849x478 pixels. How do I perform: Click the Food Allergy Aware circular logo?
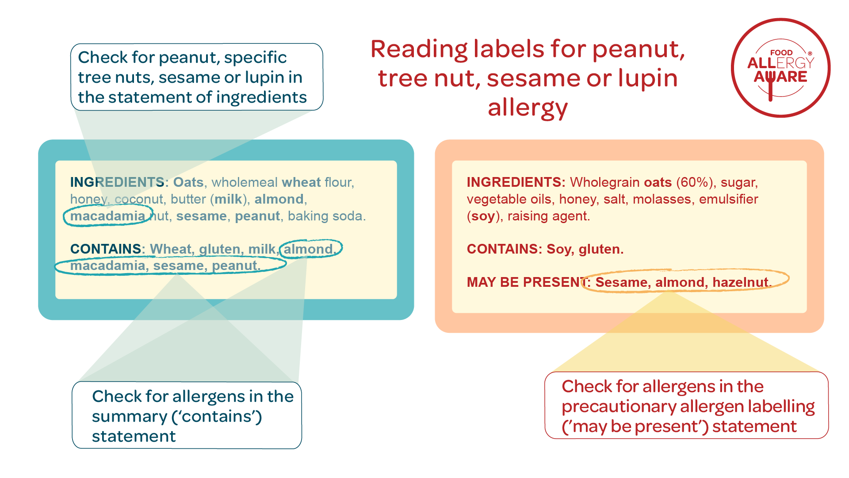click(x=780, y=68)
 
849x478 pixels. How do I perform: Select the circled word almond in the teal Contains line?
click(x=308, y=249)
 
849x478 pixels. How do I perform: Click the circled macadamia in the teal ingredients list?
click(x=107, y=216)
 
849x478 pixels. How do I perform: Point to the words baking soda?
click(x=327, y=216)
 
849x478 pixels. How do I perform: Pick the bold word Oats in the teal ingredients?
click(x=188, y=182)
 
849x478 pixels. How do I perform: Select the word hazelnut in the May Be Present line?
click(x=742, y=282)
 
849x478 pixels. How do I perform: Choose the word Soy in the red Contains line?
click(x=558, y=250)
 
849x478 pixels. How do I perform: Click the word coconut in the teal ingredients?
click(x=139, y=199)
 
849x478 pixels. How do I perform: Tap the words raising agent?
click(x=548, y=216)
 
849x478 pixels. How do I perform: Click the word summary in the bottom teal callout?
click(x=130, y=417)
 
